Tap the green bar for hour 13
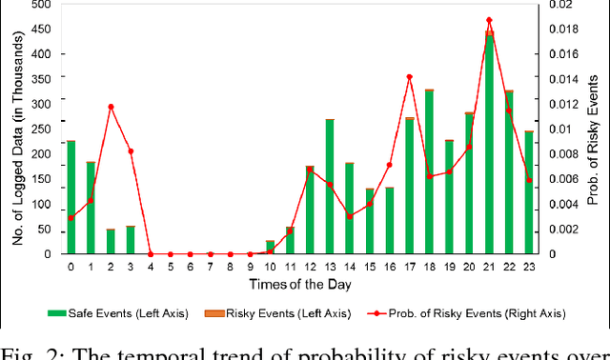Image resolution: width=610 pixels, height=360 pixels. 330,187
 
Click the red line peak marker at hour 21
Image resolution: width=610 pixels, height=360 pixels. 489,20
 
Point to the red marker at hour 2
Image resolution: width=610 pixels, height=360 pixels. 111,107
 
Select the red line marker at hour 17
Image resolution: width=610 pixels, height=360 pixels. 409,77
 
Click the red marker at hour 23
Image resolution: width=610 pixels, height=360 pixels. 529,180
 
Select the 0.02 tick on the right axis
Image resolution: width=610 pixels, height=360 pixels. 560,5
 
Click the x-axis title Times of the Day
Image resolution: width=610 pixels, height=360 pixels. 299,285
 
